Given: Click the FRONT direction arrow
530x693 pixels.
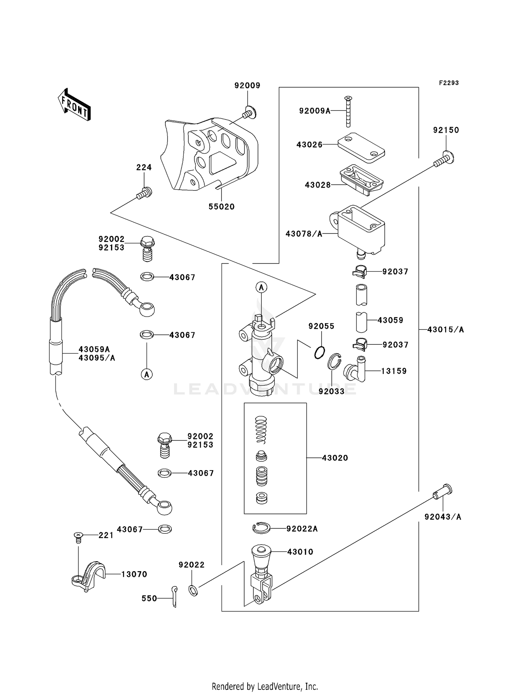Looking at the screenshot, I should point(74,105).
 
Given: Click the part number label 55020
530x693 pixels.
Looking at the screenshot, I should point(222,207).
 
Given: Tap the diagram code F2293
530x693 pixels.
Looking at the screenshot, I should point(449,83).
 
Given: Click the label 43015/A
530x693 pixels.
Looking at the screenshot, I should point(446,330).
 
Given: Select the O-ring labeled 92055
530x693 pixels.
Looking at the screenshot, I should point(319,352).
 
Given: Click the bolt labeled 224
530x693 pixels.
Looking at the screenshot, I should point(145,192).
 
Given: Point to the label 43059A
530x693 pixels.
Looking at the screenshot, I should point(94,349).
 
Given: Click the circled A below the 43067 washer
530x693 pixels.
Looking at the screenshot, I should point(147,374).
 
